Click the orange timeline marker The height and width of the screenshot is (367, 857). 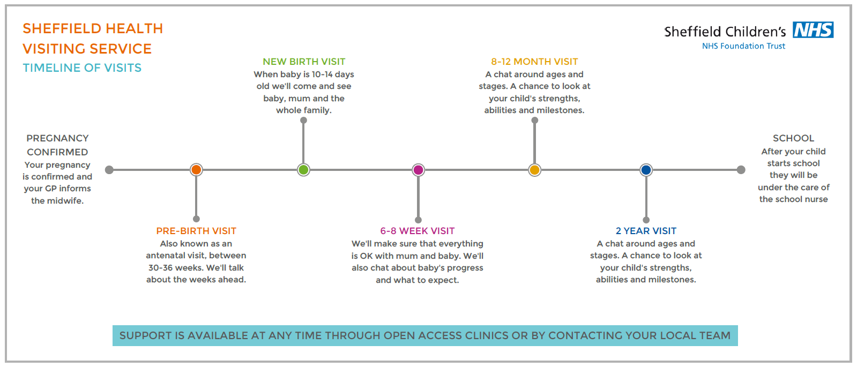tap(196, 170)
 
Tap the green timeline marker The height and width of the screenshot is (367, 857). tap(303, 170)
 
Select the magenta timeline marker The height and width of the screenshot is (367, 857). tap(418, 170)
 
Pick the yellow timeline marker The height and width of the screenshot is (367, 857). tap(534, 170)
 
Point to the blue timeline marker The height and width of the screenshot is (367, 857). tap(646, 170)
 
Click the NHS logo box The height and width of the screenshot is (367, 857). tap(813, 30)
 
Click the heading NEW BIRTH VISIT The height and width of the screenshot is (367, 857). tap(304, 62)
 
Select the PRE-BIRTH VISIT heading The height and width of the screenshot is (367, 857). tap(196, 231)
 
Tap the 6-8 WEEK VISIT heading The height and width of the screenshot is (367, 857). tap(418, 231)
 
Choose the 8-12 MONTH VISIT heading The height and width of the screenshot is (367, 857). tap(534, 62)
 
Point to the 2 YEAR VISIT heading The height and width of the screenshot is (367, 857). tap(646, 231)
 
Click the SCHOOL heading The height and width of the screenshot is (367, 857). tap(794, 138)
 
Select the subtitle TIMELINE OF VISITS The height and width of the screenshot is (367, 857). tap(82, 68)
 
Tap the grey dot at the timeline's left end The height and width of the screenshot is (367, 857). tap(109, 170)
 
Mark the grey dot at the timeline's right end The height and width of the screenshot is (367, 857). tap(741, 170)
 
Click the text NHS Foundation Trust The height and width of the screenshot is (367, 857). tap(743, 46)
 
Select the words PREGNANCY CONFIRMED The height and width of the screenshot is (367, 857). tap(57, 145)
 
